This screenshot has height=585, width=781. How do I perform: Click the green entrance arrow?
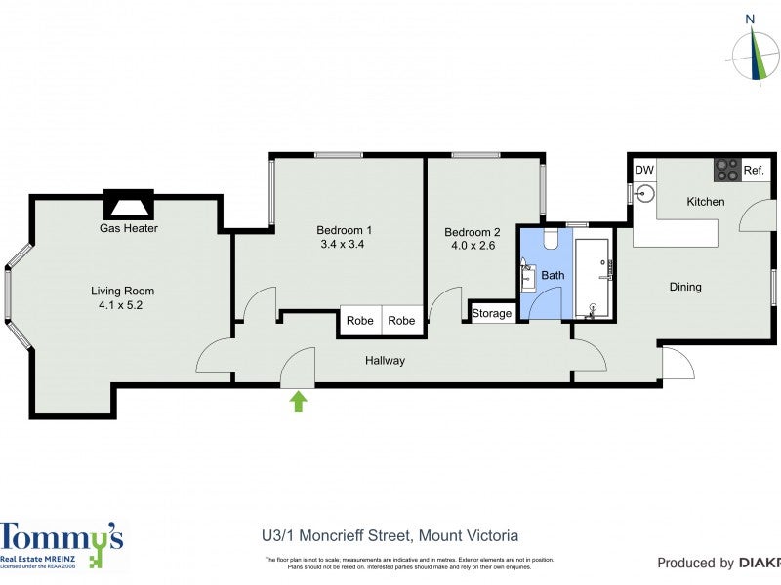(299, 401)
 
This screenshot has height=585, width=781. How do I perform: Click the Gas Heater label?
(128, 228)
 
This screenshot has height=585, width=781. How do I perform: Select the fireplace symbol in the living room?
(128, 205)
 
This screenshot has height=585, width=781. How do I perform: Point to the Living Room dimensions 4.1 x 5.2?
(122, 305)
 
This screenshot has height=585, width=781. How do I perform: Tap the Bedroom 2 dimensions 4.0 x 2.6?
(473, 246)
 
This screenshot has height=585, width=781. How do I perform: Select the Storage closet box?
(491, 313)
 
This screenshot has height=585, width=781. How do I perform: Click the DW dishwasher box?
(644, 170)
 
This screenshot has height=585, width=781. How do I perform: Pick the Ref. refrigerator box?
(754, 170)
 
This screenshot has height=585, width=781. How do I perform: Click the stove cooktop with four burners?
(727, 170)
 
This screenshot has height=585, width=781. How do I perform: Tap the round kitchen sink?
(644, 194)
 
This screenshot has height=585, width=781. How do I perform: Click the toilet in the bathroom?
(549, 240)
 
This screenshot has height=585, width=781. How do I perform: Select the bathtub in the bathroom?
(593, 278)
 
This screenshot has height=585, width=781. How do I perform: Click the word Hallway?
(385, 361)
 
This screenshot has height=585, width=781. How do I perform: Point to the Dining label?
(684, 287)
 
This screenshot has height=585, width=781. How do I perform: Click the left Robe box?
(360, 320)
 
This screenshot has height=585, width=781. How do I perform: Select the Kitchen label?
(705, 202)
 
